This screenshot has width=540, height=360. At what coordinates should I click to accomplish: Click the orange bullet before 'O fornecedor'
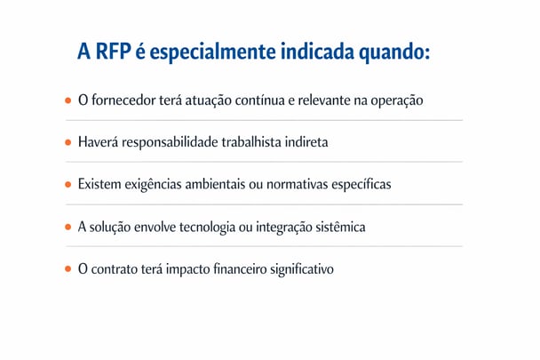tap(67, 100)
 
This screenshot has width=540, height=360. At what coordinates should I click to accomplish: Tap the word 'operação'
tap(396, 100)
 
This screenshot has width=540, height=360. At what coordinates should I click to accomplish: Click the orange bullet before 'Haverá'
tap(67, 142)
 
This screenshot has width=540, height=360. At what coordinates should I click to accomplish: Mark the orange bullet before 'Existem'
tap(67, 185)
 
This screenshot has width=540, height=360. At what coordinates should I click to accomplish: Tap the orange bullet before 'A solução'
tap(67, 228)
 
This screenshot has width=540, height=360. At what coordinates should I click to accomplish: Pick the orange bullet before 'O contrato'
tap(67, 269)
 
